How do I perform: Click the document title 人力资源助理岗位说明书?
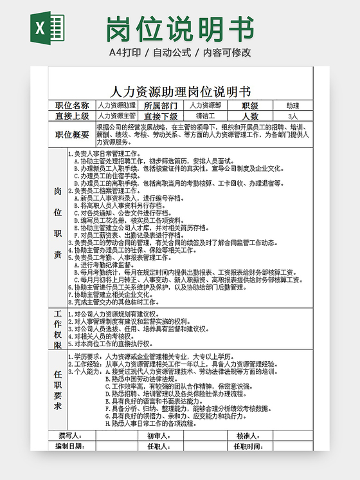click(181, 91)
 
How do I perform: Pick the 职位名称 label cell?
click(73, 106)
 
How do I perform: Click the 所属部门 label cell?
click(160, 106)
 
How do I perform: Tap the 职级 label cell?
click(249, 106)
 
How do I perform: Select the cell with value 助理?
click(292, 106)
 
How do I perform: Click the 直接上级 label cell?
click(73, 116)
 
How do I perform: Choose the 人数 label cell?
click(249, 116)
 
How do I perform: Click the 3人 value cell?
click(292, 116)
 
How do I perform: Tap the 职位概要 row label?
click(73, 134)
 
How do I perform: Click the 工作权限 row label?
click(58, 329)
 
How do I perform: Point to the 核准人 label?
click(247, 436)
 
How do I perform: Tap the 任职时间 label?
click(247, 446)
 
